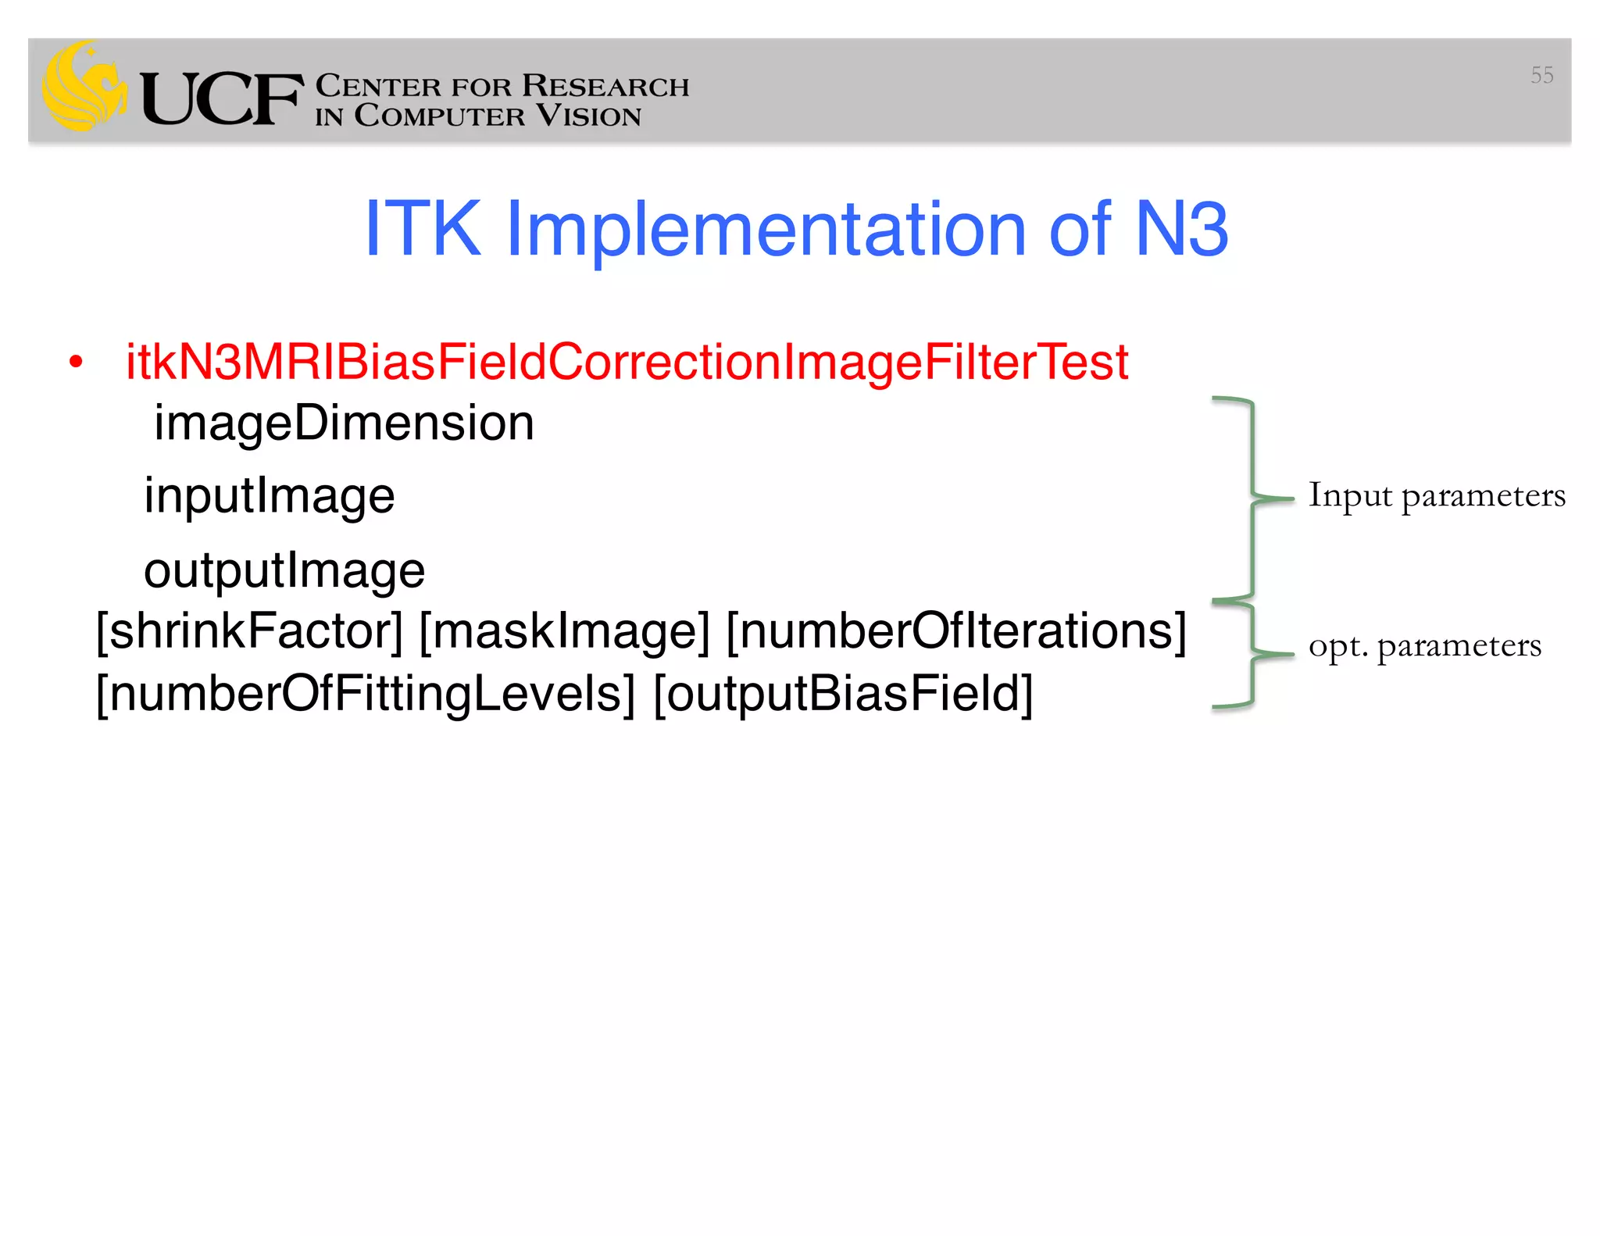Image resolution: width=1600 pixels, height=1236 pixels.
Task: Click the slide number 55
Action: [1541, 75]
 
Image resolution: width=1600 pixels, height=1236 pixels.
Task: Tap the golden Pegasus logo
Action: [84, 88]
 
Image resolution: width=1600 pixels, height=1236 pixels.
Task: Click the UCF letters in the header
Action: [222, 98]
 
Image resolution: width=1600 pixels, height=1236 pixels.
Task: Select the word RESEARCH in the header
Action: [605, 86]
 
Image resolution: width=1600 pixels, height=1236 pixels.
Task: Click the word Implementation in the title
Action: [766, 229]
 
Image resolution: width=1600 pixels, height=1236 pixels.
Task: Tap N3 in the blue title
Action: [1181, 229]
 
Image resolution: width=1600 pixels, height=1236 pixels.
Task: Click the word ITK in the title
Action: [423, 229]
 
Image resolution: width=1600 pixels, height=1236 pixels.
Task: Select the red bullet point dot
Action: [75, 363]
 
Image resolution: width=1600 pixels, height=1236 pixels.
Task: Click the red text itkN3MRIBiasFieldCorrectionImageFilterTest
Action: [627, 363]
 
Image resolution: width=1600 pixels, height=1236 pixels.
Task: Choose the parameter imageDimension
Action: [344, 423]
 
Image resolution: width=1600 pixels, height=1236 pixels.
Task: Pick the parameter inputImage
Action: [270, 496]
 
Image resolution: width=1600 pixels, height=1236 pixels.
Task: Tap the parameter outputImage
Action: [284, 570]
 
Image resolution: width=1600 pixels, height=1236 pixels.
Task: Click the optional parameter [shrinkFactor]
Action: [249, 631]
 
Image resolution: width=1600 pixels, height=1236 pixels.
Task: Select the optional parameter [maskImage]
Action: [564, 631]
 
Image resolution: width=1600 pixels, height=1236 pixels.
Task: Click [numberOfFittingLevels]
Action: [365, 694]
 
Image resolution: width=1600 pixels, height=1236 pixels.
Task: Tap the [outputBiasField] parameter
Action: [843, 694]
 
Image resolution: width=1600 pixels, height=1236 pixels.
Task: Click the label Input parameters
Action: [1436, 496]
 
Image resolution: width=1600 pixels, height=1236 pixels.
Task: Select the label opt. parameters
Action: [1424, 646]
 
